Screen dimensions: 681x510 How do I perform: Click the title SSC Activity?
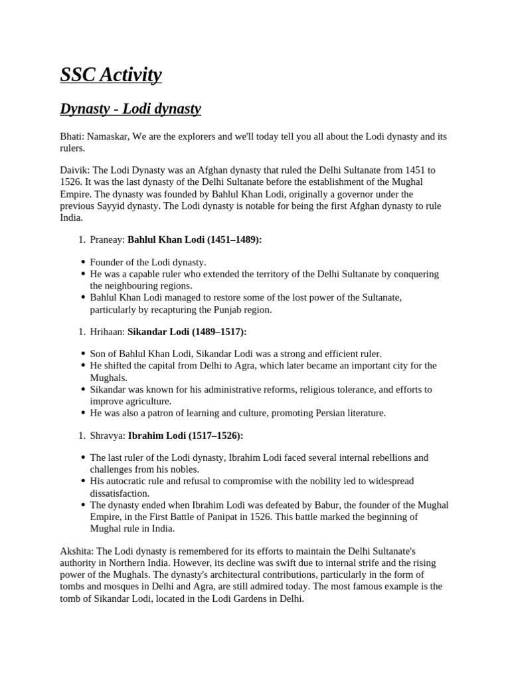pyautogui.click(x=111, y=75)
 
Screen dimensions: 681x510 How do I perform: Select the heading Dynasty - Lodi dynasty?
pyautogui.click(x=130, y=108)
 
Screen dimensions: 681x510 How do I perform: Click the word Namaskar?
pyautogui.click(x=108, y=136)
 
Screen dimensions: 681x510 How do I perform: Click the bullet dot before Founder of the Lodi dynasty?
pyautogui.click(x=83, y=263)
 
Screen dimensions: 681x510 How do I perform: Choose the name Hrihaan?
pyautogui.click(x=107, y=331)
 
